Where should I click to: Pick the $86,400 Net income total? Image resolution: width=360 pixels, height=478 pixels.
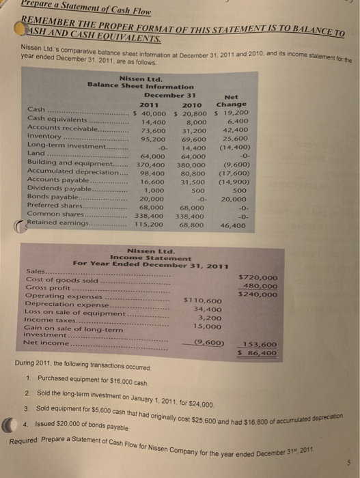click(258, 353)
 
